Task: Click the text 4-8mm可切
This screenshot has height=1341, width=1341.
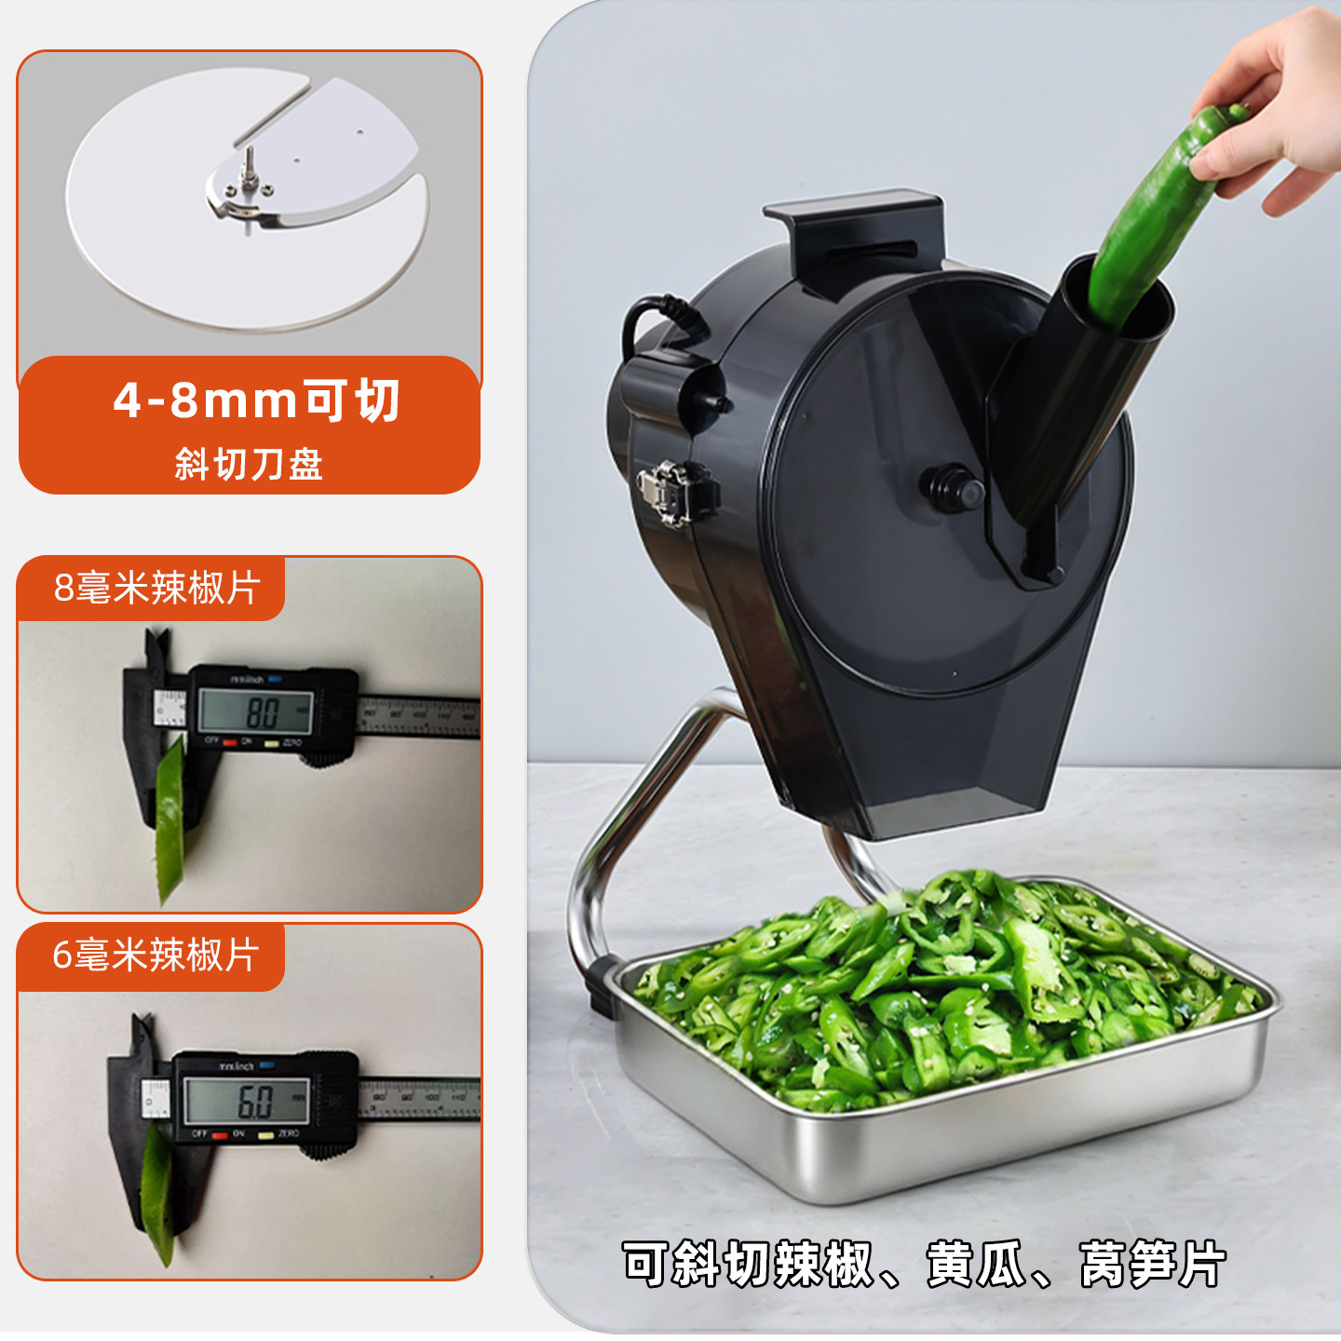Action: click(256, 400)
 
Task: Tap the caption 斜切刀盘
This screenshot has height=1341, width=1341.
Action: click(249, 464)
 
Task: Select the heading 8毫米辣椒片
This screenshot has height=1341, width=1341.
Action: click(156, 589)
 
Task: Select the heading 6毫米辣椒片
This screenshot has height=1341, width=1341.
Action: click(155, 955)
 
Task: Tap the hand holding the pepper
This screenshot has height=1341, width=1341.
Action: click(1276, 102)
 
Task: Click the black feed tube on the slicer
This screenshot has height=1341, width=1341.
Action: click(1080, 391)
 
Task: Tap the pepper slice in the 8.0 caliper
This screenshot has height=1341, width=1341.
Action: click(169, 819)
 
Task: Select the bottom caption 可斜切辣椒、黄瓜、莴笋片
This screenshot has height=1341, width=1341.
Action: click(924, 1265)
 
